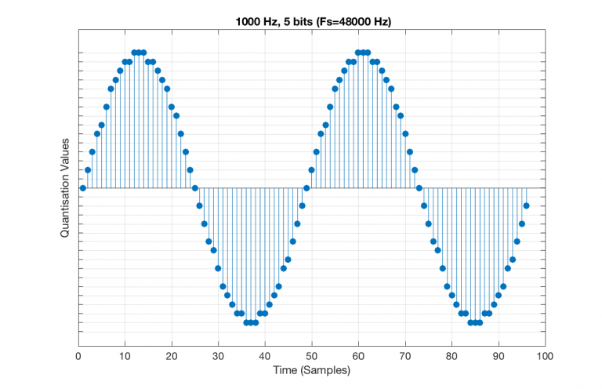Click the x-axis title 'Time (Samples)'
click(311, 369)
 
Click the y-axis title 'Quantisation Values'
click(65, 188)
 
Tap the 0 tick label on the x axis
click(78, 355)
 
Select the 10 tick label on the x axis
click(125, 355)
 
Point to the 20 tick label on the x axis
click(171, 355)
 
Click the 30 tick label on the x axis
click(218, 355)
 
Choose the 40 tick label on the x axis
click(265, 355)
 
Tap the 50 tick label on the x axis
click(311, 355)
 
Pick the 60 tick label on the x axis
click(358, 355)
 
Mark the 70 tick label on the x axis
click(405, 355)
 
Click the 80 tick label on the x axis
click(451, 355)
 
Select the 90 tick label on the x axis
click(499, 355)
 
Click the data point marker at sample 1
click(82, 188)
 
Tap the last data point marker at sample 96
click(526, 206)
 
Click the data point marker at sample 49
click(306, 188)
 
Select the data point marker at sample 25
click(194, 188)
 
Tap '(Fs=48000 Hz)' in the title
click(352, 21)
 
